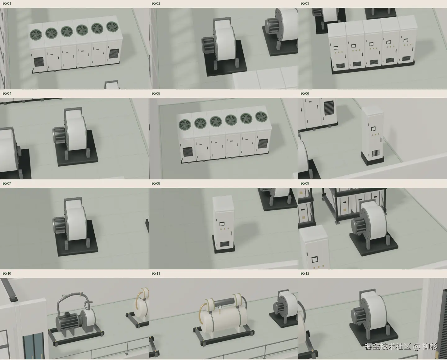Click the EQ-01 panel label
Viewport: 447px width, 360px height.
(x=7, y=3)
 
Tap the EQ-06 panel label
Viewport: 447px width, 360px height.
(x=305, y=93)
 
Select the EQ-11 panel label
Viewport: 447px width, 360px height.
(x=156, y=273)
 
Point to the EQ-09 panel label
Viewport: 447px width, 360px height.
(x=305, y=183)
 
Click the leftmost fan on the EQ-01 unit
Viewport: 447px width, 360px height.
(x=36, y=34)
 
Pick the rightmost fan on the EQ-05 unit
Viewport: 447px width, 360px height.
(x=261, y=117)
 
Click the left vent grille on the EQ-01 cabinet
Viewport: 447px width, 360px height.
(x=38, y=62)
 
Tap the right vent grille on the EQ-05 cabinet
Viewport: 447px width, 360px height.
(x=263, y=144)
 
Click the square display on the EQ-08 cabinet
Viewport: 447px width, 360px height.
(x=222, y=224)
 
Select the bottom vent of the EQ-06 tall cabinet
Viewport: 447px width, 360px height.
(x=376, y=153)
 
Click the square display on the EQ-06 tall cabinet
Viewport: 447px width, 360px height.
(x=373, y=129)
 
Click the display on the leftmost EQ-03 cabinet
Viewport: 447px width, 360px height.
(x=336, y=48)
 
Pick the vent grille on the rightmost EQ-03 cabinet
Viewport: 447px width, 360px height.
(x=406, y=59)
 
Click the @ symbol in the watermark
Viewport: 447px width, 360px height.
(x=417, y=346)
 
